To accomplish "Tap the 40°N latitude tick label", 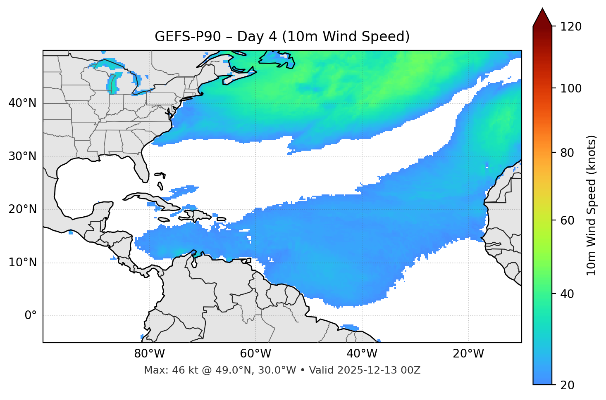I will pos(22,103).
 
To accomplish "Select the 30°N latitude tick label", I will pos(22,156).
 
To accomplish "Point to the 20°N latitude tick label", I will pos(22,209).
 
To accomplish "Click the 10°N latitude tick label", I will pos(22,263).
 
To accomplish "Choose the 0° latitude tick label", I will pos(31,316).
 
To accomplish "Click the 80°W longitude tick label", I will pos(149,354).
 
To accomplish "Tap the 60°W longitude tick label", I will pos(255,354).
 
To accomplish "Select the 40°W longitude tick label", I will pos(362,354).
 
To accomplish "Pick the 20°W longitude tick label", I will pos(468,354).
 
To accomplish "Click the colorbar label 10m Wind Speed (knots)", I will pos(592,205).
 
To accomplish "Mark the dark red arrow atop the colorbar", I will pos(542,17).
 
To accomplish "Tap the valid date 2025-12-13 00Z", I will pos(379,370).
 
